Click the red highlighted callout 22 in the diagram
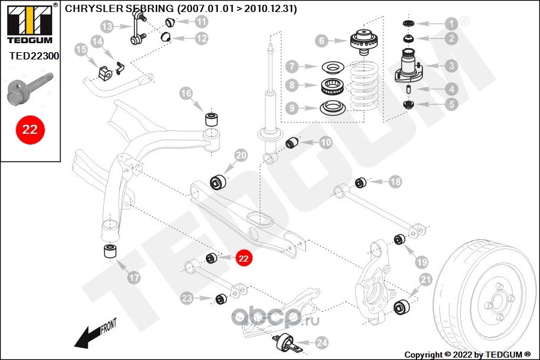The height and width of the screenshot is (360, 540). point(244,258)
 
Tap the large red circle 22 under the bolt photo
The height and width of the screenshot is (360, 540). point(30,130)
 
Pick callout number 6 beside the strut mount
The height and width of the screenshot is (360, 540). point(322,41)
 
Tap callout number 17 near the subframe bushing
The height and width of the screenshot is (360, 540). point(133,278)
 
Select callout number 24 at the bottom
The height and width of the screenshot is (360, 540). point(322,343)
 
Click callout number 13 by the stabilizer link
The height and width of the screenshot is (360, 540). point(107,27)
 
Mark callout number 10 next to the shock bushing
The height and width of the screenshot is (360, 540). point(325,143)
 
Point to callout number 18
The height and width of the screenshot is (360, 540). point(395,181)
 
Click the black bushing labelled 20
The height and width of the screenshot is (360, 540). point(217,181)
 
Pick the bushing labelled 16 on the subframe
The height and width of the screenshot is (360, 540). point(212,116)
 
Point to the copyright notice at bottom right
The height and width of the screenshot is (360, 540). point(467,354)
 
